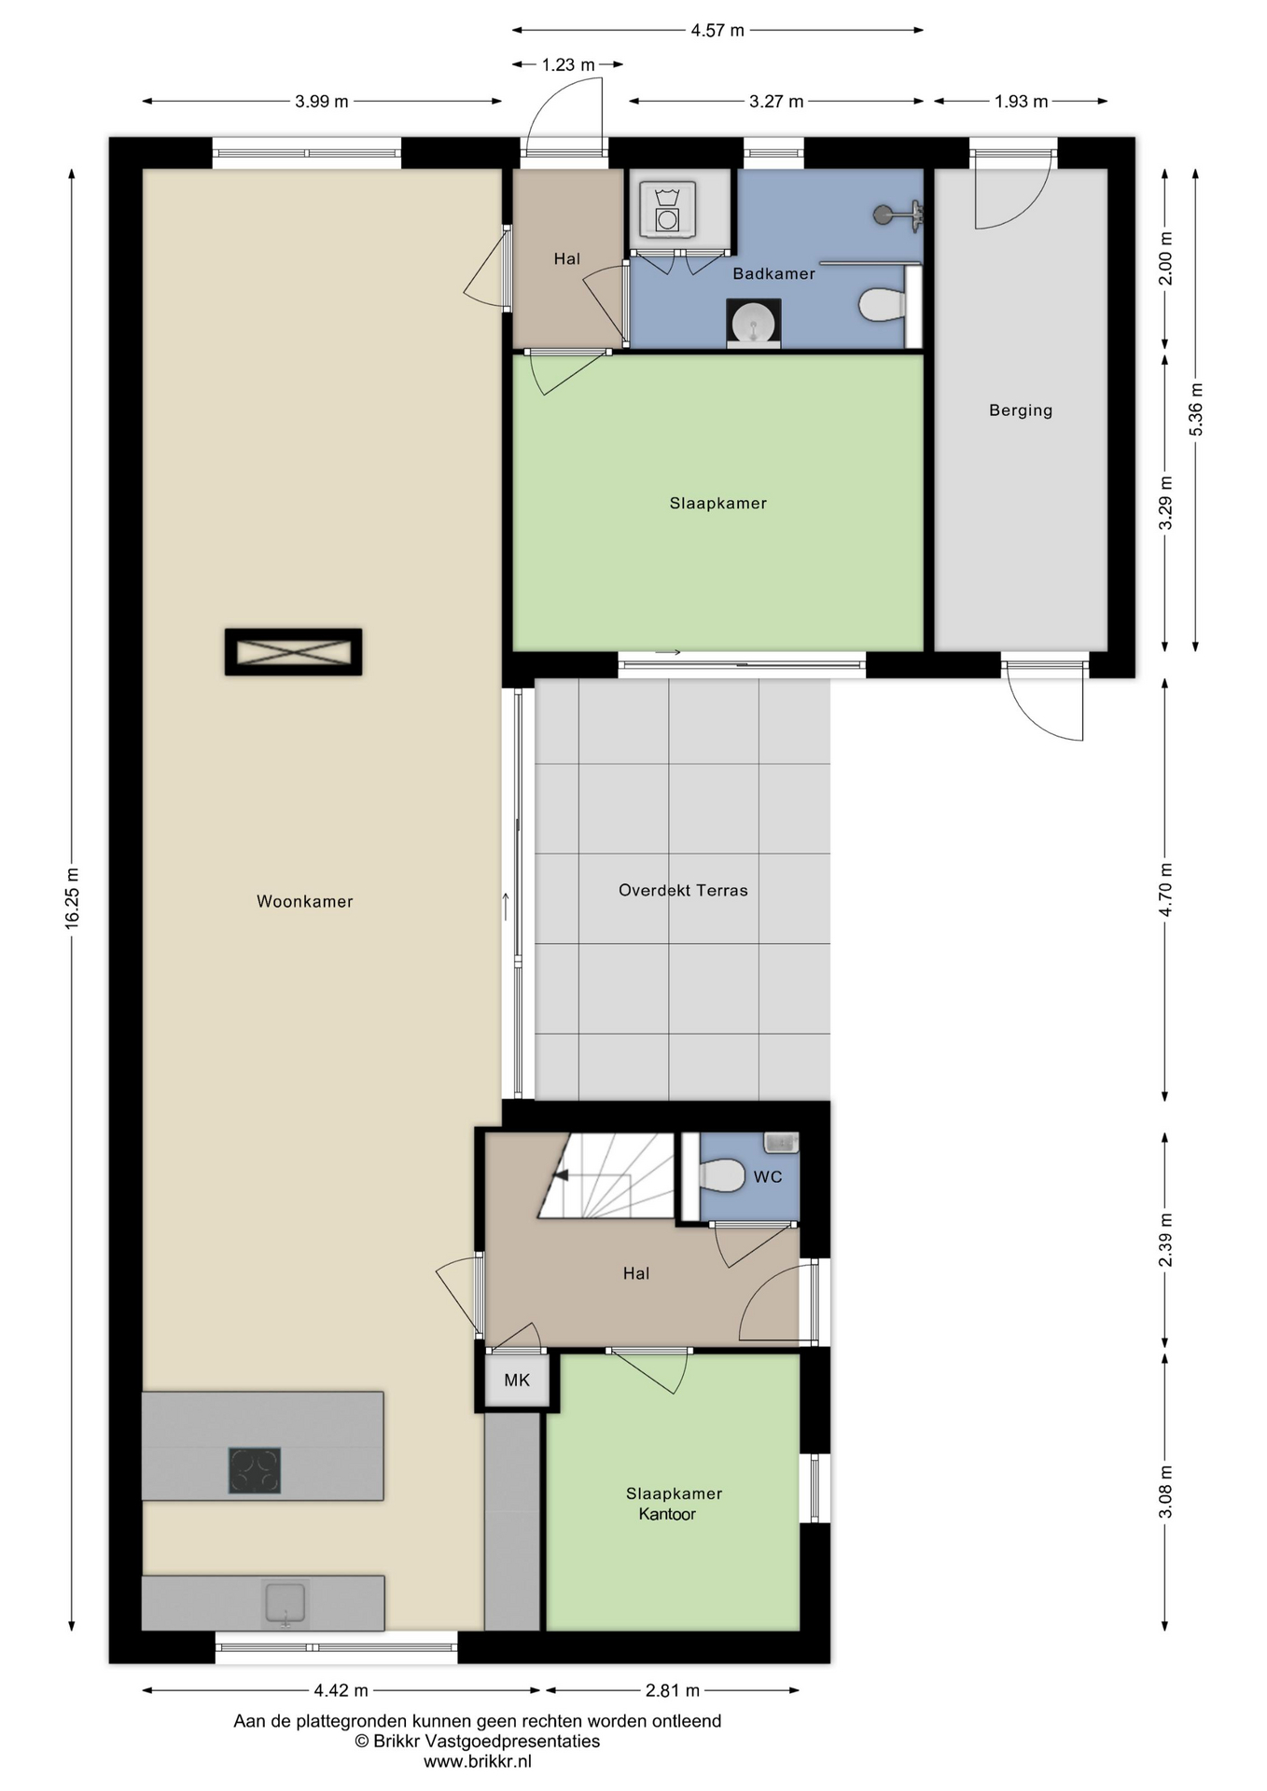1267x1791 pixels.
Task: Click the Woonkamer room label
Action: [304, 901]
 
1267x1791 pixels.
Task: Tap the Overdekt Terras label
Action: [683, 890]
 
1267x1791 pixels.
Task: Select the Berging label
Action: [1021, 410]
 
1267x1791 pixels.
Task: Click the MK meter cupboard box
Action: [516, 1380]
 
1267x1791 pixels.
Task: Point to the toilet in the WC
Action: [721, 1175]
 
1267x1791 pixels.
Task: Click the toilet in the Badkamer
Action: [881, 304]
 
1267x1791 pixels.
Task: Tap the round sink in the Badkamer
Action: [754, 324]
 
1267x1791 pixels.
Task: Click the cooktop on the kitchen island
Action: [255, 1470]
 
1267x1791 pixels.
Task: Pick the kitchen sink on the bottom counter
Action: [285, 1604]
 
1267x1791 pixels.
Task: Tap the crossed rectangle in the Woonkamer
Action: [293, 652]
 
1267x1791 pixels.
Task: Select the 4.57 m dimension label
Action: [717, 30]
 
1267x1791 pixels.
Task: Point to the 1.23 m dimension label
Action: [568, 64]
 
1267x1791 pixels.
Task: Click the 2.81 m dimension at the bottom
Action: [673, 1690]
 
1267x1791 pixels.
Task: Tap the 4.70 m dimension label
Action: [1166, 890]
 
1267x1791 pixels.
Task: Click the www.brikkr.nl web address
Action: [478, 1761]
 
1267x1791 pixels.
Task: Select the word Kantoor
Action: [667, 1514]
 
